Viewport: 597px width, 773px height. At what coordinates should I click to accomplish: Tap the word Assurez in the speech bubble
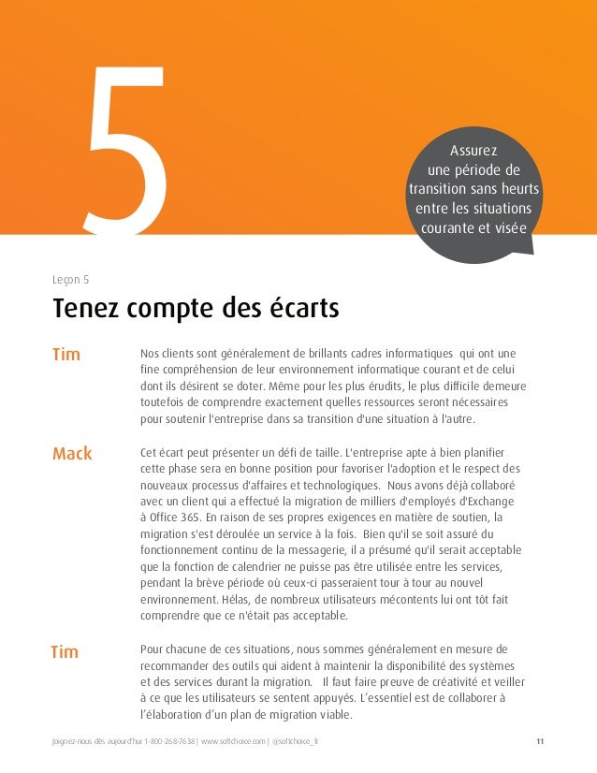tap(473, 151)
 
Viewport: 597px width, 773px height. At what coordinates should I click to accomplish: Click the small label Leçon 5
tap(71, 277)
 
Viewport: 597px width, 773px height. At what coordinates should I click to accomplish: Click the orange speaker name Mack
tap(72, 454)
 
